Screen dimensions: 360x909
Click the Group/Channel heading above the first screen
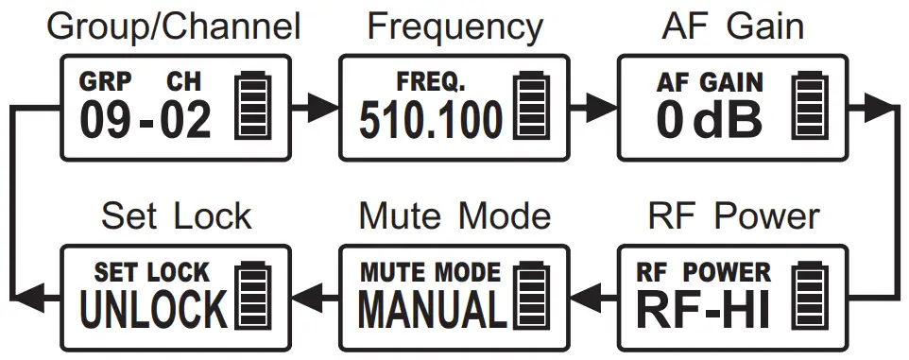pos(174,26)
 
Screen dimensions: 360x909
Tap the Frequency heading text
pos(454,26)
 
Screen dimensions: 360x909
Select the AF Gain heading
pos(733,26)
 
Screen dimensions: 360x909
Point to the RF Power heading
pos(733,216)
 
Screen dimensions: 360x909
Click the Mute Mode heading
pos(454,216)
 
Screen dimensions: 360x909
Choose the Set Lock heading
pos(176,216)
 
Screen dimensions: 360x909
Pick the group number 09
pos(104,121)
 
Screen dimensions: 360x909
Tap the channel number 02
pos(185,121)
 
